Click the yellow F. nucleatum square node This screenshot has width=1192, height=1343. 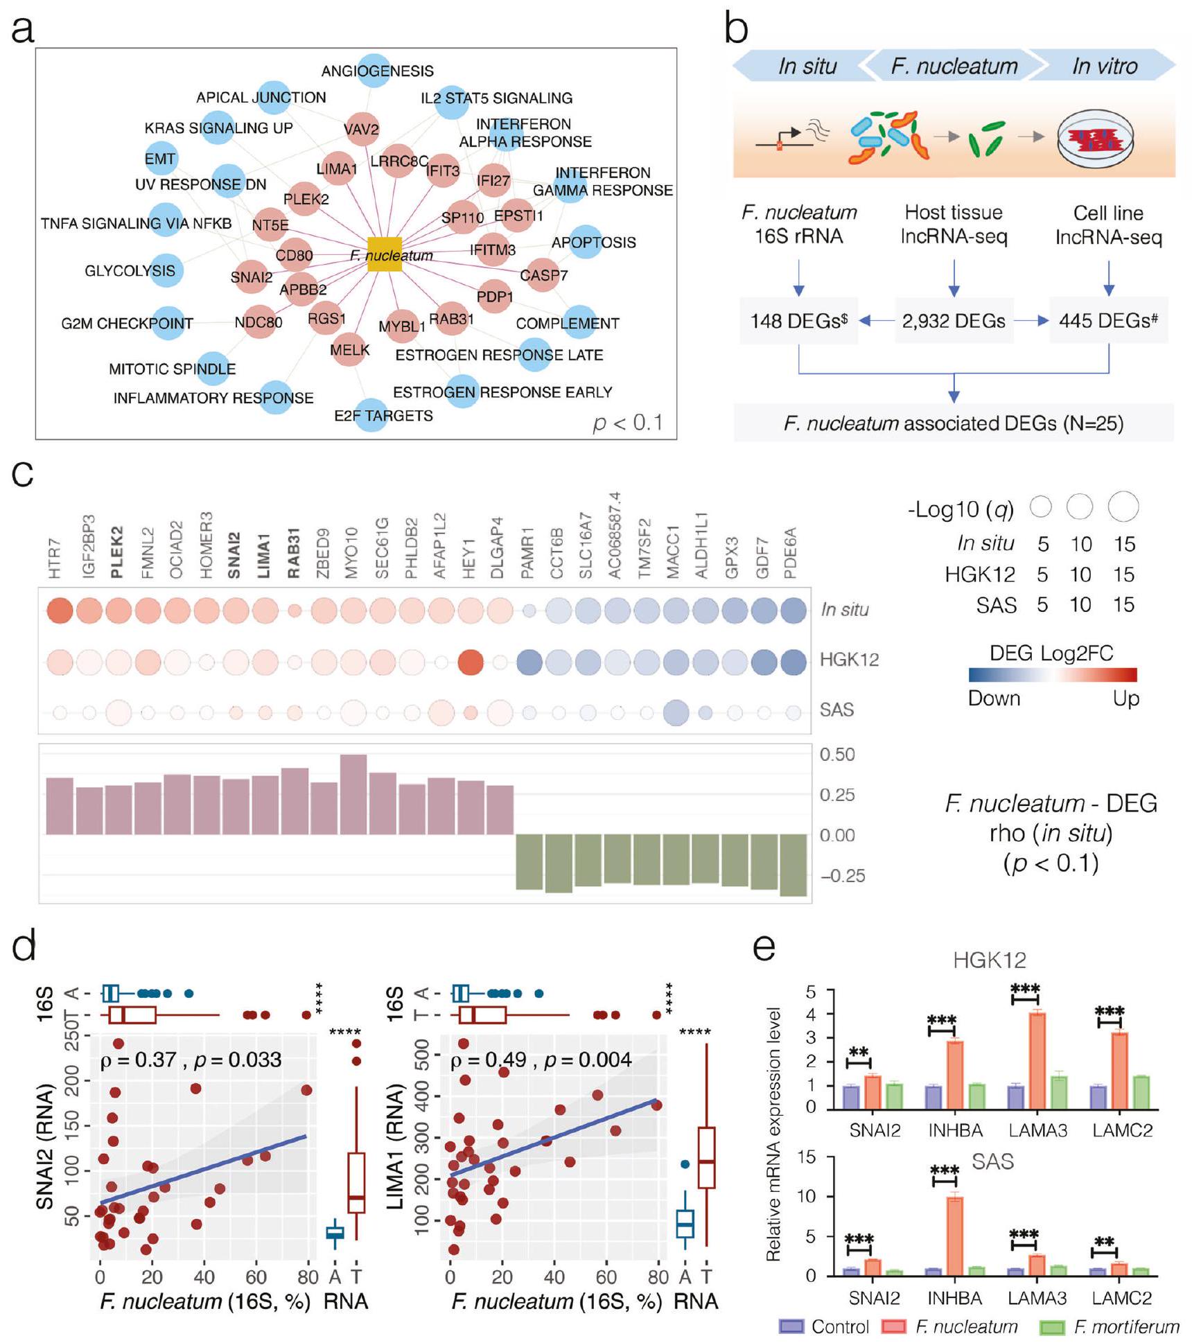[x=384, y=254]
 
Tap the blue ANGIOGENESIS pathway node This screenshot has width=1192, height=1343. [x=375, y=71]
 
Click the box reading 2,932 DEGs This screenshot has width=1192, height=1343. [x=954, y=321]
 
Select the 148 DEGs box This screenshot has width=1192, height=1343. [x=798, y=321]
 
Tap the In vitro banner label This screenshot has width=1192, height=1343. [x=1104, y=66]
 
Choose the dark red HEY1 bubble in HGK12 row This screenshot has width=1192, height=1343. [x=471, y=662]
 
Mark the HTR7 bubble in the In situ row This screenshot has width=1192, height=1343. [x=60, y=611]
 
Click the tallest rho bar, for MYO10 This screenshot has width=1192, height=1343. [x=353, y=794]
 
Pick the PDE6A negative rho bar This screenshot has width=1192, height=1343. [x=794, y=865]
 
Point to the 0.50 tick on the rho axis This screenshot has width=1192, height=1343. [x=836, y=754]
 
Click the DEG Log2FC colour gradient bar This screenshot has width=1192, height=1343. [x=1052, y=675]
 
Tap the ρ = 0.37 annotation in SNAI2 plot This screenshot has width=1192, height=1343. [x=138, y=1060]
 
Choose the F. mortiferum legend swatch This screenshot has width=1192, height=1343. [x=1052, y=1326]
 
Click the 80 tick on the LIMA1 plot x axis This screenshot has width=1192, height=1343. [x=658, y=1276]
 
